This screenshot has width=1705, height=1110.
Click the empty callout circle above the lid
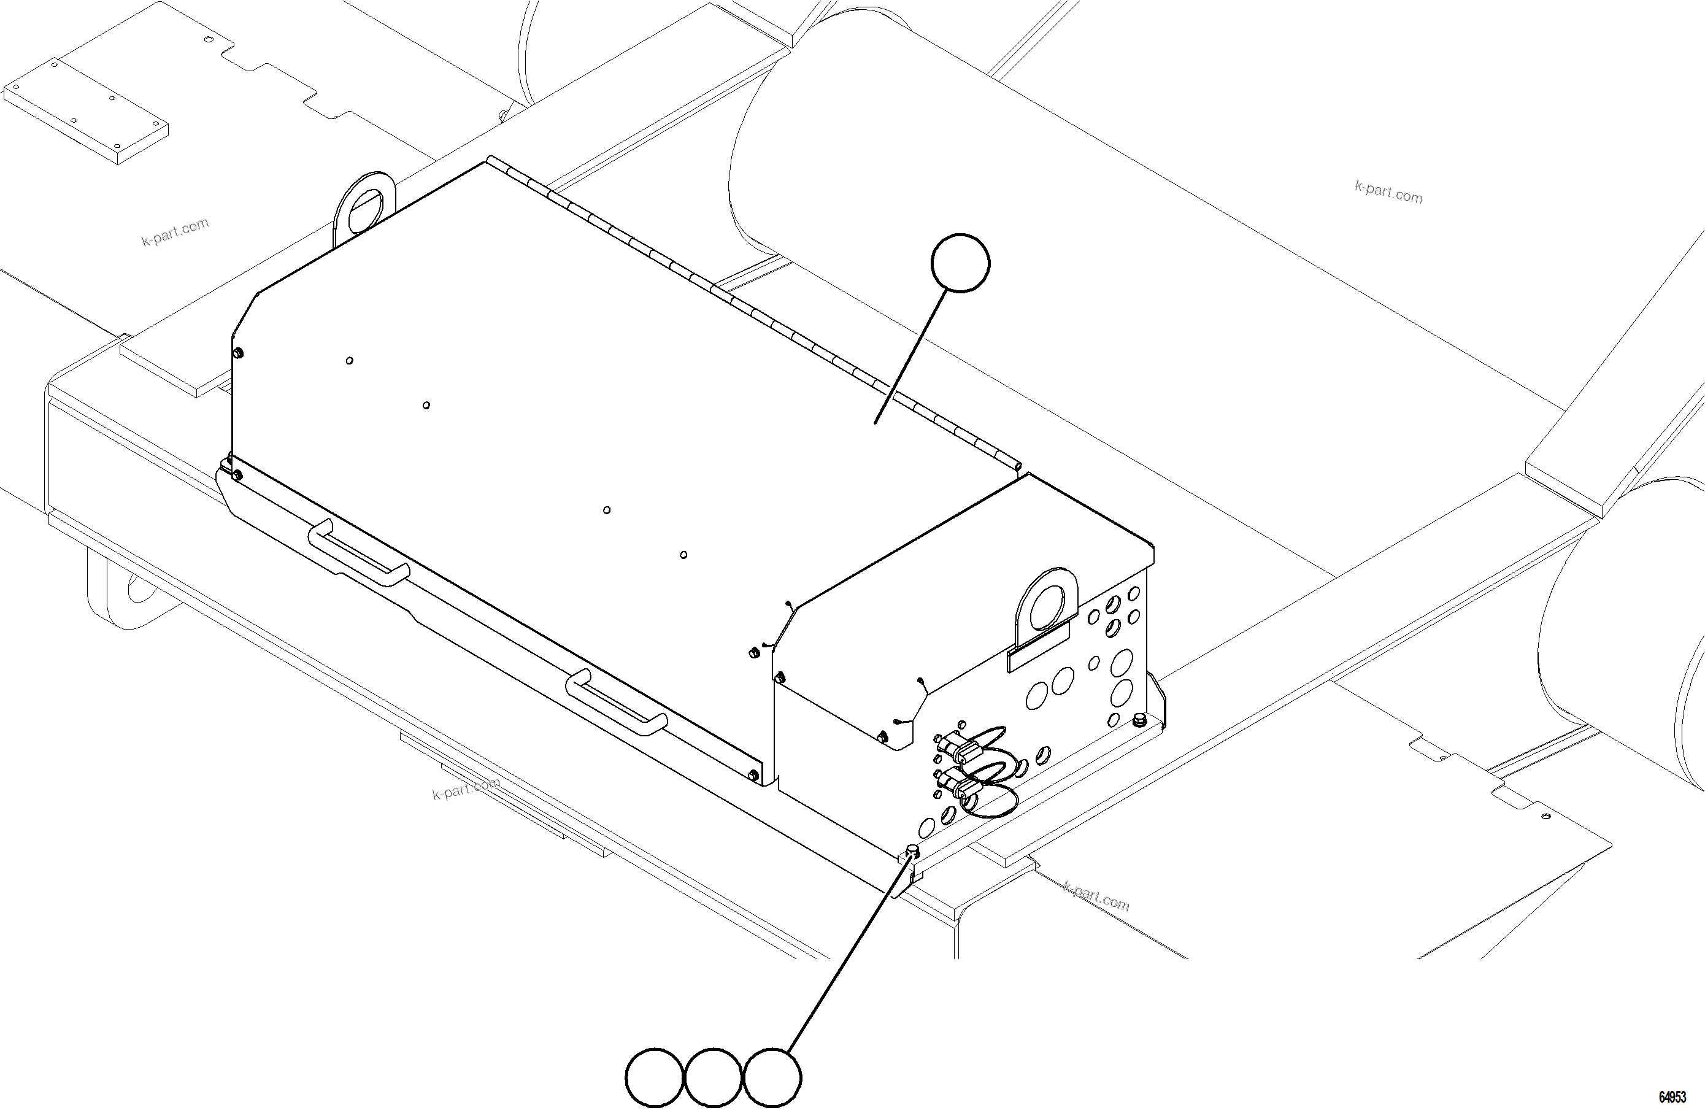(x=960, y=263)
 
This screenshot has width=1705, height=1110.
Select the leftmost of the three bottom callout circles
(x=654, y=1077)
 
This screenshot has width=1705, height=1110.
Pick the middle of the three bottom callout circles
(x=714, y=1077)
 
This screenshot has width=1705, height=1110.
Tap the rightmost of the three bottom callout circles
(x=772, y=1077)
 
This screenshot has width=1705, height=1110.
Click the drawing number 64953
(x=1672, y=1097)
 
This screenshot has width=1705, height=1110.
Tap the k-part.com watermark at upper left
(x=175, y=231)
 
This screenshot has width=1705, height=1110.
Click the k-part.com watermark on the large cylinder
(x=1388, y=191)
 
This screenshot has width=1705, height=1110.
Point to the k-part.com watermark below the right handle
(x=466, y=788)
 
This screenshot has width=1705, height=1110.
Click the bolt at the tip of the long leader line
(x=913, y=850)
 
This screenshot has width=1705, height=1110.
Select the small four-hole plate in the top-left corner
(x=86, y=109)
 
